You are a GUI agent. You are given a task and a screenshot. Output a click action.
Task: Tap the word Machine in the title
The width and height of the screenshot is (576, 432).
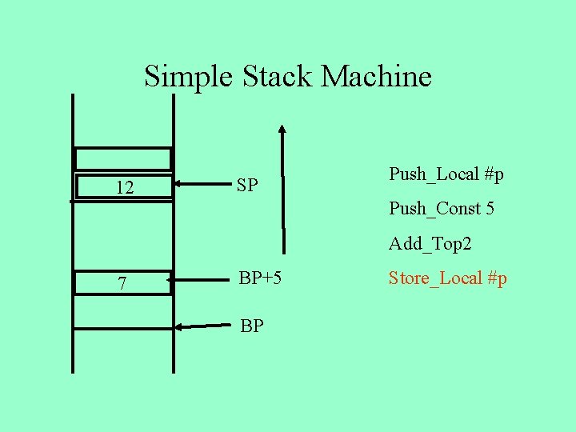coord(376,77)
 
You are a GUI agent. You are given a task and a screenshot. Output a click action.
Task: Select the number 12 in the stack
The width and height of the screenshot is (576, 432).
coord(124,189)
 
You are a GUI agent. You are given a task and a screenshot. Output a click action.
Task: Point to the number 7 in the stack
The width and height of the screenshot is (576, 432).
coord(122,284)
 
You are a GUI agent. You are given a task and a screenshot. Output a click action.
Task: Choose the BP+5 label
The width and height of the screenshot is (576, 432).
coord(260,278)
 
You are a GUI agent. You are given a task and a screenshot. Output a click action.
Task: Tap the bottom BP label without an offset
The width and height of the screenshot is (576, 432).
coord(252,326)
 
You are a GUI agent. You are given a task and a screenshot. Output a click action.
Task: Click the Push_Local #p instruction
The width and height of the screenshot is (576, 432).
coord(446,174)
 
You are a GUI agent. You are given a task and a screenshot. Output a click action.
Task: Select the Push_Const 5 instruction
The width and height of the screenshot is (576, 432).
coord(442,209)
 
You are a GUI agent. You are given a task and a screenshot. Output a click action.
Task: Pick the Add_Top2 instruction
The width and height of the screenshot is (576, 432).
coord(430,243)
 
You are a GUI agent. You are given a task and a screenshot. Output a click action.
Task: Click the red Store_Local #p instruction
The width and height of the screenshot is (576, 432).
coord(448,278)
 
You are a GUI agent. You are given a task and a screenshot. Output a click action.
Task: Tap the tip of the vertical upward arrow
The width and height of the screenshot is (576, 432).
coord(282,128)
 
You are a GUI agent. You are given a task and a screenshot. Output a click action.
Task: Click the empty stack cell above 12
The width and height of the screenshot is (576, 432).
coord(123,158)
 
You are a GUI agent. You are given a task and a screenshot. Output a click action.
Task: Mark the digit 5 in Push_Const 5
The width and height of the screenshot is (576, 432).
coord(490,209)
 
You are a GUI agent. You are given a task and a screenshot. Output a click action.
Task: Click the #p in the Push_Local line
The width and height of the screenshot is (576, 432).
coord(494,174)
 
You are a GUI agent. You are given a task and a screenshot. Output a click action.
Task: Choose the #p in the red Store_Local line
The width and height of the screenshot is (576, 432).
coord(497,278)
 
